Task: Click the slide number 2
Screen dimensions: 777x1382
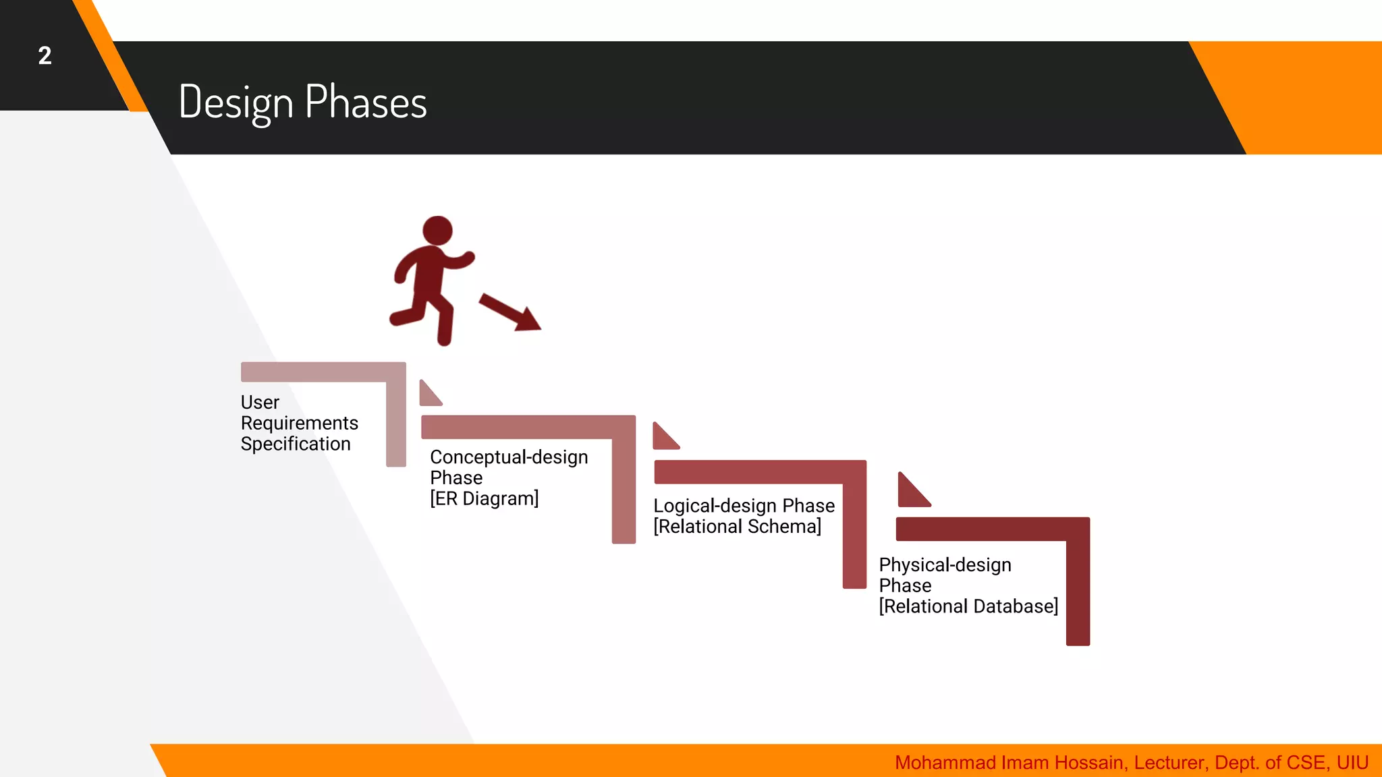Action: point(45,55)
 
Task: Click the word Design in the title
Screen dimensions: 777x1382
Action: point(236,103)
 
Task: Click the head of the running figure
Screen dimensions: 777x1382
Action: point(437,231)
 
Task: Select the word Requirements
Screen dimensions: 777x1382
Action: point(299,423)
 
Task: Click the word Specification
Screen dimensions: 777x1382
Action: point(296,444)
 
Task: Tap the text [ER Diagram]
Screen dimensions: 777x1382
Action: point(484,498)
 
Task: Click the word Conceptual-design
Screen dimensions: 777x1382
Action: point(509,457)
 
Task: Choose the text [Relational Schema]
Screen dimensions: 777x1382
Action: point(737,526)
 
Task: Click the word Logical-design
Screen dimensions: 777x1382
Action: point(715,506)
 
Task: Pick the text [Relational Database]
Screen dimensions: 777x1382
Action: point(968,606)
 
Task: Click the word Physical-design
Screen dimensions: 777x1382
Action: point(945,565)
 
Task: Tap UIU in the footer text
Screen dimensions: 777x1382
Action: point(1352,763)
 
